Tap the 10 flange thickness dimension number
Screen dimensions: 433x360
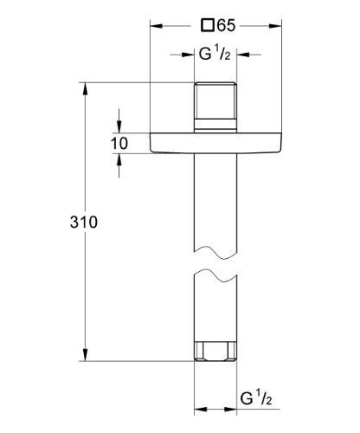pyautogui.click(x=119, y=143)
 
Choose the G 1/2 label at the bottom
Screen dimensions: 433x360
pyautogui.click(x=258, y=400)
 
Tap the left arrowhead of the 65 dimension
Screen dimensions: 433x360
pyautogui.click(x=157, y=26)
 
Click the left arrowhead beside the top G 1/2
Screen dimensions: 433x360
pyautogui.click(x=188, y=55)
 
